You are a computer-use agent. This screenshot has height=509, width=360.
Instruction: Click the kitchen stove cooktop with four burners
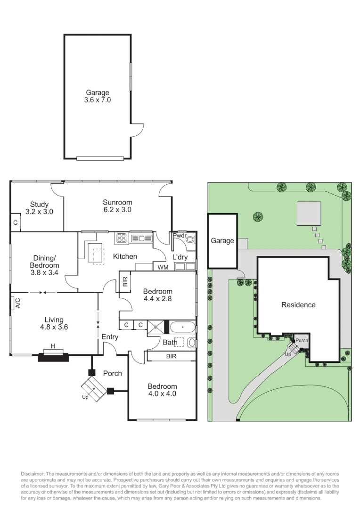coord(121,238)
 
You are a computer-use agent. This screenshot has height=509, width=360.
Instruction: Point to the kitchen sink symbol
coord(141,238)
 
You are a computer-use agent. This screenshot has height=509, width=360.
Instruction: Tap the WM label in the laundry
coord(163,267)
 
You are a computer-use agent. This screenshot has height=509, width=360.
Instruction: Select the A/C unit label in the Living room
coord(17,303)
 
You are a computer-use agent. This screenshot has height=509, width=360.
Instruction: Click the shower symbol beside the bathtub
coord(156,326)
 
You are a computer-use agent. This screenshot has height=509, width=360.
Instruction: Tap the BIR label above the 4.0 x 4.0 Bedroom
coord(171,357)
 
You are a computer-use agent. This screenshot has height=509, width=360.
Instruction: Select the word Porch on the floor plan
coord(112,373)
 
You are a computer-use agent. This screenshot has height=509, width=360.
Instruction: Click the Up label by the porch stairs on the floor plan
coord(85,397)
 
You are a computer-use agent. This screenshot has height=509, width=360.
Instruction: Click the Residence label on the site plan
coord(298,305)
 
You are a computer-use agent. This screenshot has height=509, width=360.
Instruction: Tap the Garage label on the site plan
coord(222,241)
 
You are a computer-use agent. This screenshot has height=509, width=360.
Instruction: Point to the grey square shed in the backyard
coord(309,214)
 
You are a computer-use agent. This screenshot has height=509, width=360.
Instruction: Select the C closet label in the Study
coord(16,222)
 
